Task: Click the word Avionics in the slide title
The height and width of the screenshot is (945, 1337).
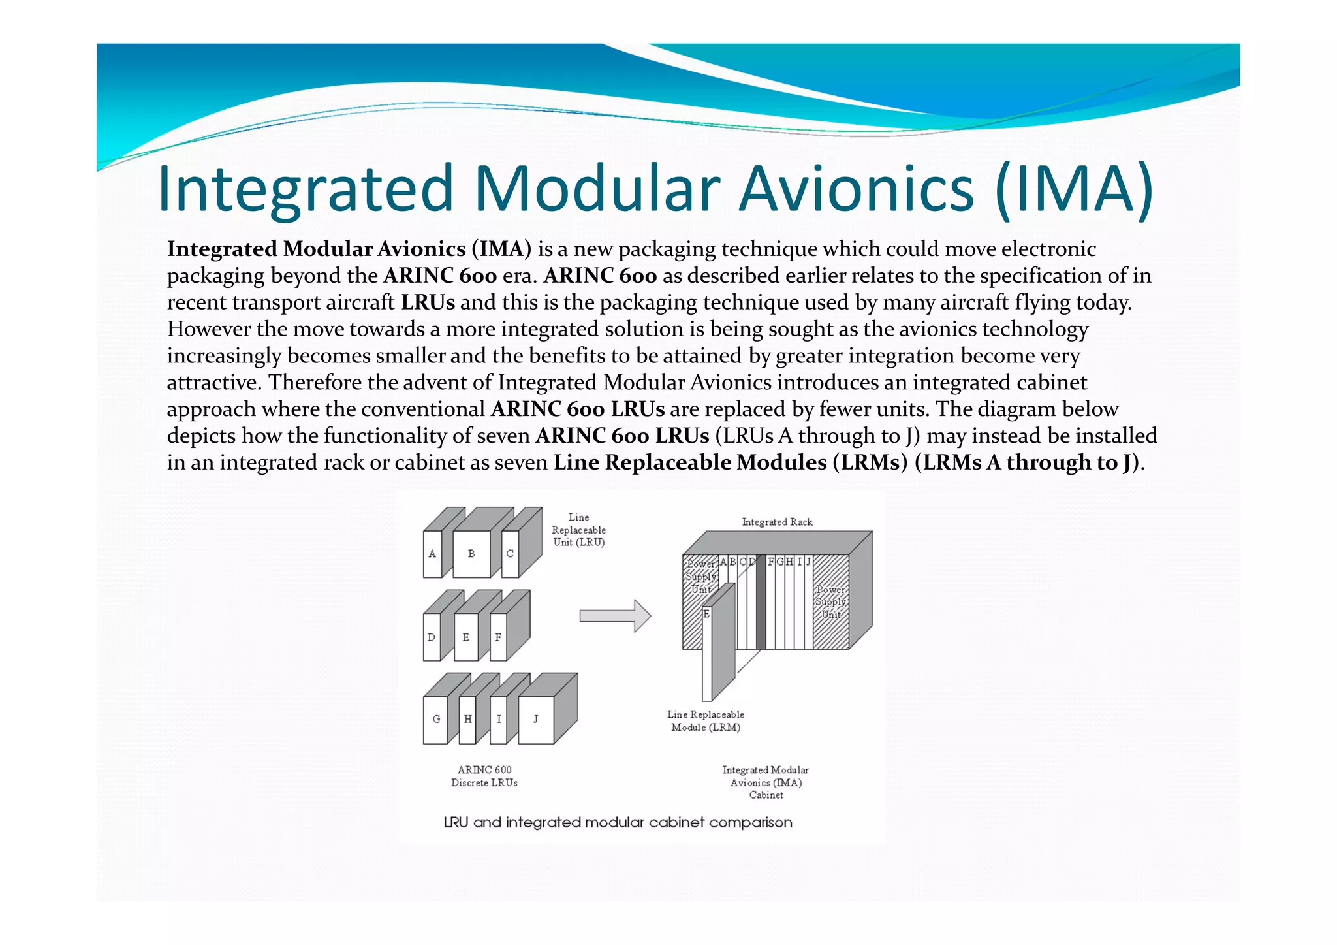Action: [856, 189]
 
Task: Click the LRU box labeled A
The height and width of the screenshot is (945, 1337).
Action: [432, 554]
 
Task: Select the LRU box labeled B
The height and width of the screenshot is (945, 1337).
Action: [471, 554]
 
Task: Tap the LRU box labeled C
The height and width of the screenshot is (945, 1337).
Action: [510, 554]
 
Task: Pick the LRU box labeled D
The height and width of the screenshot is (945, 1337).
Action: [432, 637]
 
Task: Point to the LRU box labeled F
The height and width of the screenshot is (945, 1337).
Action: [498, 637]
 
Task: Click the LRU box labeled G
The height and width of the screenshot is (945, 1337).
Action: [435, 720]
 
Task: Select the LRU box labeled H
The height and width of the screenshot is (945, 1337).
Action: [467, 720]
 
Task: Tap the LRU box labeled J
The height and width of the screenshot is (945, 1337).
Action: [536, 720]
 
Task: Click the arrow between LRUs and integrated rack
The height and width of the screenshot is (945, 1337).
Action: [614, 616]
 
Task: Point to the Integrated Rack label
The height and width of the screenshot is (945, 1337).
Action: [777, 522]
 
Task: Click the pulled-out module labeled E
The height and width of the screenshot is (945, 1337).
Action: [707, 653]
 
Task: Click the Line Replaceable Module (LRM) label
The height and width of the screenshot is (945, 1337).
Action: [706, 721]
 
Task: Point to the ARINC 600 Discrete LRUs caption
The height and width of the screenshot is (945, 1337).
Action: [484, 776]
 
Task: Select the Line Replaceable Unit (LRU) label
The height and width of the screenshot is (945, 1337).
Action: [578, 530]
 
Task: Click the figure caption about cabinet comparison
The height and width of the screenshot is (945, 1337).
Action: [618, 822]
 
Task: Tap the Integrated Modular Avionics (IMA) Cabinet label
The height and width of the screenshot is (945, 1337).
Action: [765, 782]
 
